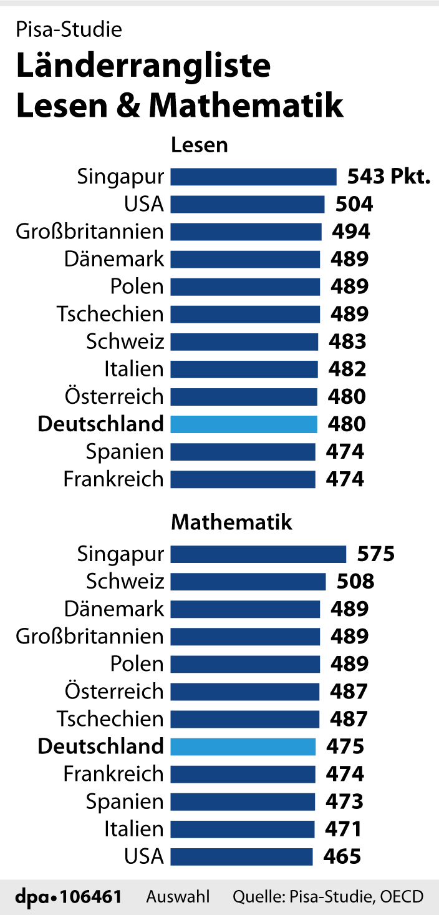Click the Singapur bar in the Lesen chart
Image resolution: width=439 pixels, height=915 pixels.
pos(253,177)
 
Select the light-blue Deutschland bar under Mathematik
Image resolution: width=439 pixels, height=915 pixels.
pos(243,746)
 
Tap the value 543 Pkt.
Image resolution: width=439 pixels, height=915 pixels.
pos(388,177)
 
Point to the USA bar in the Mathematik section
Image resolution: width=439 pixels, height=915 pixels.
pos(241,856)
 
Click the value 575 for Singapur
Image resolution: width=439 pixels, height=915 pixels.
pos(376,554)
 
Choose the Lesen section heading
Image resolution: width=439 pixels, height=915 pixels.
pos(200,145)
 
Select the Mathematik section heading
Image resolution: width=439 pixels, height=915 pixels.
pos(231,522)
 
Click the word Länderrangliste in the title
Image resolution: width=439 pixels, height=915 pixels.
pos(143,67)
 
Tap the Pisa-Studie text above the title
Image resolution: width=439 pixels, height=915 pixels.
pos(69,29)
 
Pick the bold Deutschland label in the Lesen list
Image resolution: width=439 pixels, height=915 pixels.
pos(101,424)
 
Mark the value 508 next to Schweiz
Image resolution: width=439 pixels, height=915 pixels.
pos(355,581)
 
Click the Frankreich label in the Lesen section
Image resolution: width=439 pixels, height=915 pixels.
pos(113,479)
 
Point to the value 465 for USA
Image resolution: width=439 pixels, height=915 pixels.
pos(342,856)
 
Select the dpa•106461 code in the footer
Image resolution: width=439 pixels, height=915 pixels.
pos(68,897)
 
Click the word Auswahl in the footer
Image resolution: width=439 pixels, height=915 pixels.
pos(178,897)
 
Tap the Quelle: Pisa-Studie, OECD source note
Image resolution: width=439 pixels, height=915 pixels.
pos(328,897)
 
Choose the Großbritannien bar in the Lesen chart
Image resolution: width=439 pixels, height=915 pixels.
pos(246,232)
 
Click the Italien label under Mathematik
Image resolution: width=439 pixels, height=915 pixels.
pos(133,829)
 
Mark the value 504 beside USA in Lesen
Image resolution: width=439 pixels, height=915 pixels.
pos(354,204)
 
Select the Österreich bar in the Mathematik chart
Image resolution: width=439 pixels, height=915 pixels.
pos(245,692)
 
